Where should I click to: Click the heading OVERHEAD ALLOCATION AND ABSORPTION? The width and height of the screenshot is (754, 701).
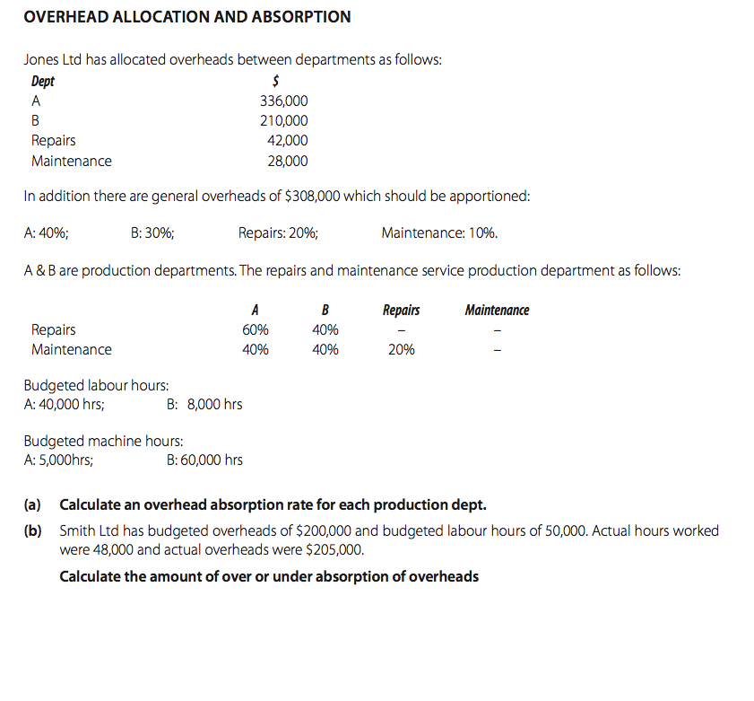(187, 17)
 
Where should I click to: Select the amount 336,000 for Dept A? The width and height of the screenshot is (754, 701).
(283, 101)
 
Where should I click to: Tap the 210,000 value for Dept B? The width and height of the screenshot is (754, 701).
(283, 121)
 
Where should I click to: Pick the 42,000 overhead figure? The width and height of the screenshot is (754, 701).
(287, 141)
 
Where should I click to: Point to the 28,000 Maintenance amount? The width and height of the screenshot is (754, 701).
(287, 162)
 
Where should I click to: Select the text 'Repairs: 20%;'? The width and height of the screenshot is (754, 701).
(278, 233)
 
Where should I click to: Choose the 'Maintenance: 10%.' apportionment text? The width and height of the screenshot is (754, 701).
(439, 233)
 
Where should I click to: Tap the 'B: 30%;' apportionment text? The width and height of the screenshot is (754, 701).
(152, 233)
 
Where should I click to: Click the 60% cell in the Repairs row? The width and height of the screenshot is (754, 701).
(256, 329)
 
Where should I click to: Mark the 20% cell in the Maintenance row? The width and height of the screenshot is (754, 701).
(401, 350)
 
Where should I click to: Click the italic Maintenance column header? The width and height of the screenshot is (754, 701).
(497, 311)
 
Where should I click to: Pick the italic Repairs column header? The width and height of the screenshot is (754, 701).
(401, 311)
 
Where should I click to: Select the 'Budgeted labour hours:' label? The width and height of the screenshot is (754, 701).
(96, 386)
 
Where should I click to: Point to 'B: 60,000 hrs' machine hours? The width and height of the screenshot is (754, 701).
(204, 460)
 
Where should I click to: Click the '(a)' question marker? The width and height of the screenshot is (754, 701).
(32, 504)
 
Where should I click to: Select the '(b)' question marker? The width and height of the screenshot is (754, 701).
(32, 531)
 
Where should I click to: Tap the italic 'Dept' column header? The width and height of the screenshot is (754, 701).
(43, 82)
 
